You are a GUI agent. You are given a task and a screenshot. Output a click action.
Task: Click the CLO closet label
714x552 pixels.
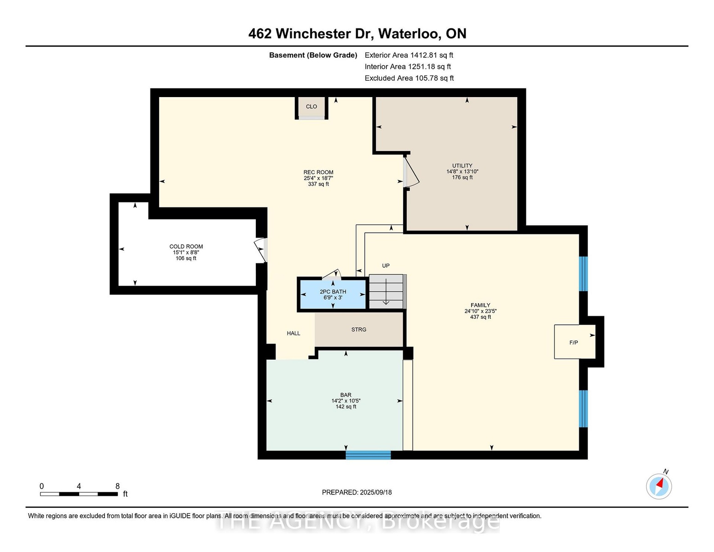tap(311, 106)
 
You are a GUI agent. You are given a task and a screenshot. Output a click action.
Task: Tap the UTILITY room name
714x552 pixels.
tap(462, 166)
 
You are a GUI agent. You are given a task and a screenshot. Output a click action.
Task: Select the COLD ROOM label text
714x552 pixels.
tap(186, 246)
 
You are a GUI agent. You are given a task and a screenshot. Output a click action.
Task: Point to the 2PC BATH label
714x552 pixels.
tap(333, 292)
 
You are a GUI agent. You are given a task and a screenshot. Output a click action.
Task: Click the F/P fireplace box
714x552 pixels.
tap(575, 342)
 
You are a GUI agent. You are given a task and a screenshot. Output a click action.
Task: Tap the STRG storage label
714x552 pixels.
tap(358, 329)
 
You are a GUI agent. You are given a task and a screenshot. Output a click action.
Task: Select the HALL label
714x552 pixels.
tap(294, 333)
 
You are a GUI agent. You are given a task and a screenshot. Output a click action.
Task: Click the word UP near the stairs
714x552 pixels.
tap(386, 265)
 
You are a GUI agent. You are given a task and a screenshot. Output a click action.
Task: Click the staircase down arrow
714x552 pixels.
tap(386, 294)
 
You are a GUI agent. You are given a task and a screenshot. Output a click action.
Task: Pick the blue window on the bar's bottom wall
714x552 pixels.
tap(368, 455)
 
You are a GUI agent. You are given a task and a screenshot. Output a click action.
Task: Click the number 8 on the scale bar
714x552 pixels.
tap(117, 486)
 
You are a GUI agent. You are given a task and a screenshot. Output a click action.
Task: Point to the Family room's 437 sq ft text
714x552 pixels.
tap(480, 317)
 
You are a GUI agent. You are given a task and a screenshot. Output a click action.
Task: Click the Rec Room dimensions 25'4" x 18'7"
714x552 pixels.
tap(318, 178)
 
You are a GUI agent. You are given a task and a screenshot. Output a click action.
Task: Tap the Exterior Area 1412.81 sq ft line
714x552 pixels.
tap(409, 55)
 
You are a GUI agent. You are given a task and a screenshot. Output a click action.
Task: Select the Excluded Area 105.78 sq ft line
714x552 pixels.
tap(409, 78)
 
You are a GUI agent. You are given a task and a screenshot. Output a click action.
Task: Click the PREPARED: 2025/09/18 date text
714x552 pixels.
tap(357, 492)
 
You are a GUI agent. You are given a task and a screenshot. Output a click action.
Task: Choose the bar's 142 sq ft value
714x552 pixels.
tap(345, 407)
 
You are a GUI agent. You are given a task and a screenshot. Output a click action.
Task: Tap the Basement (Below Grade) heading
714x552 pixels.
tap(313, 55)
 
